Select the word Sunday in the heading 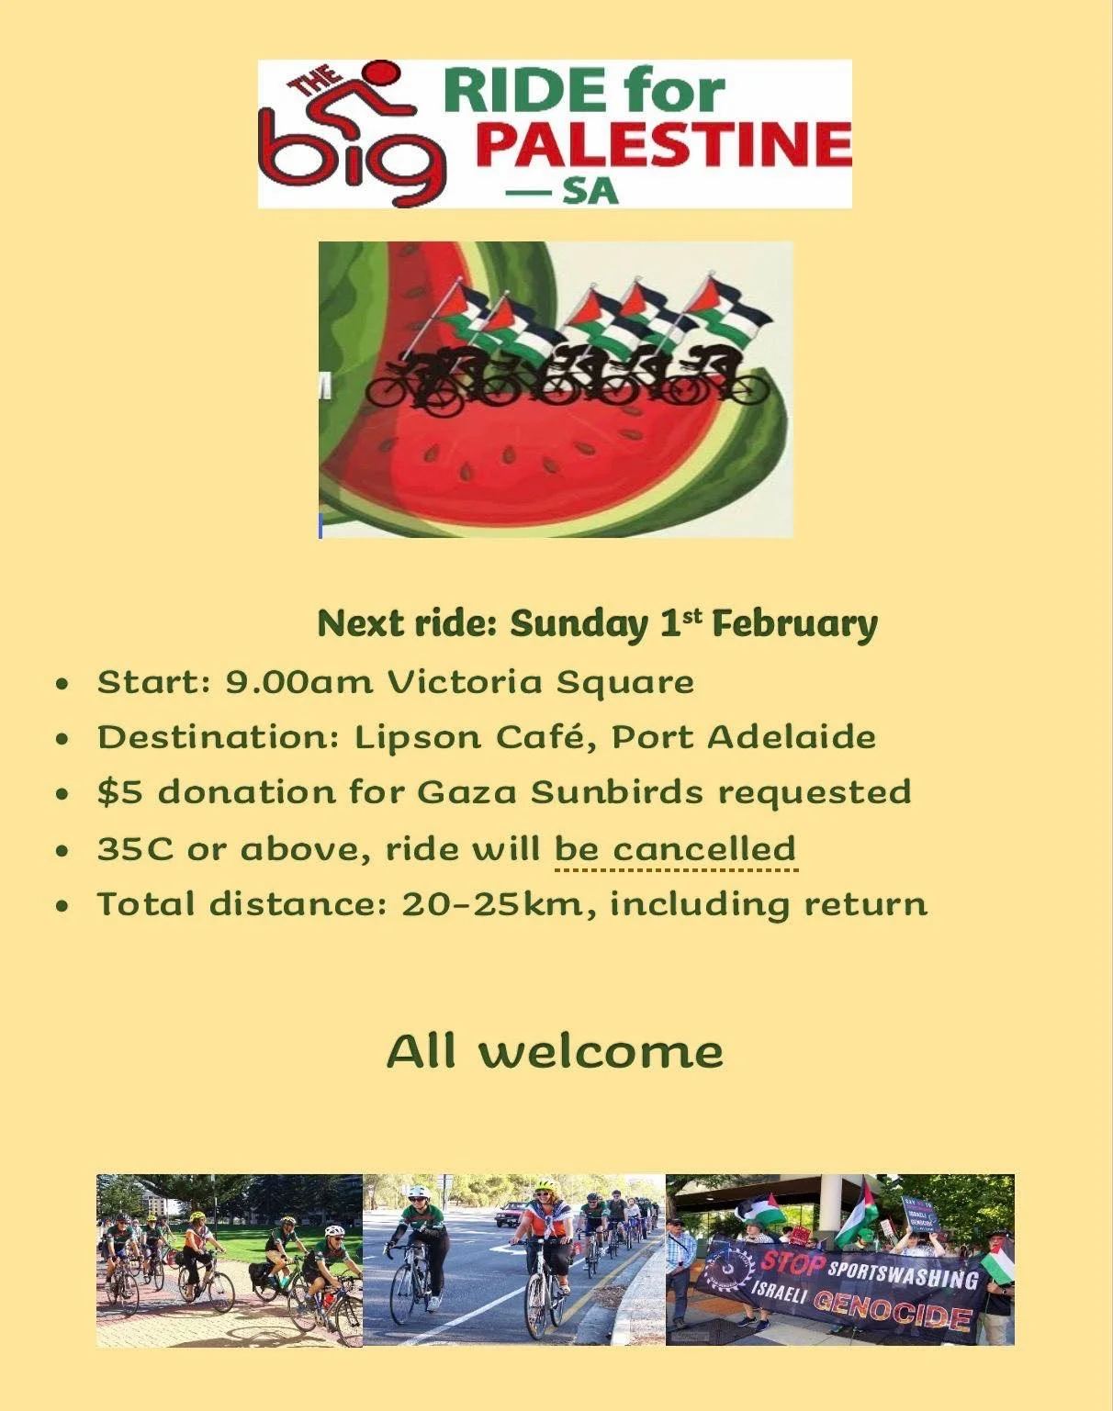579,624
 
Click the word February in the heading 794,624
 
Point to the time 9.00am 299,683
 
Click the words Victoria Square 540,683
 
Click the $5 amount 119,793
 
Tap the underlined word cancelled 704,849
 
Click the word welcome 601,1052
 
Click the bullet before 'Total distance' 62,906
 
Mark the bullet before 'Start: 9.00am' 62,684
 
